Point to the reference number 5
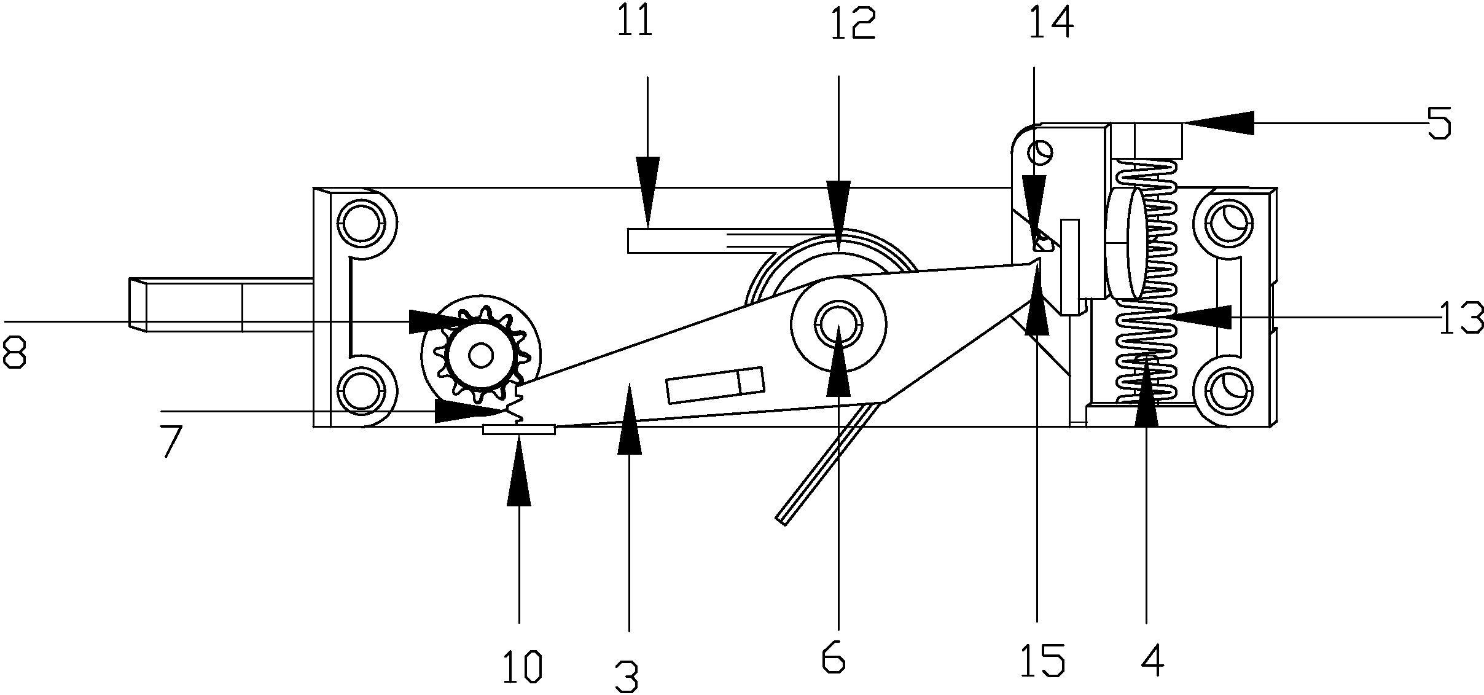(1439, 122)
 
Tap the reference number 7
(173, 441)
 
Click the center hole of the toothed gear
(480, 355)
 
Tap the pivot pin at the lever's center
(838, 324)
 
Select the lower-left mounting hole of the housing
(362, 390)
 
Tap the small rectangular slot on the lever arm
(716, 385)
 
